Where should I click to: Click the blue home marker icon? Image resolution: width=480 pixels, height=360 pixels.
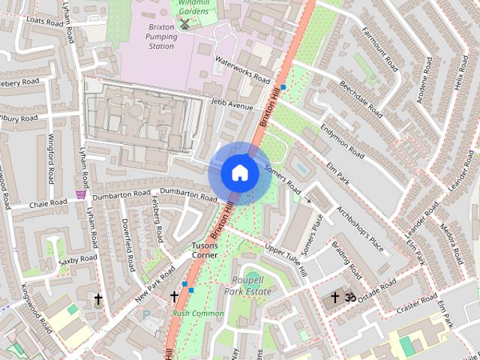click(x=239, y=173)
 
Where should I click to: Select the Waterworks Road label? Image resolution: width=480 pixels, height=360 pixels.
click(x=242, y=68)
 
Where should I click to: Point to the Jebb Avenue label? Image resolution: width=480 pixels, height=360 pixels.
click(x=232, y=105)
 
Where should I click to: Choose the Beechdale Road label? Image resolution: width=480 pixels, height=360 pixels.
click(x=360, y=97)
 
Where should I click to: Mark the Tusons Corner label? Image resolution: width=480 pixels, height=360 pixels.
click(x=205, y=250)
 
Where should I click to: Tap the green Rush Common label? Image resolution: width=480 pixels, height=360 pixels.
click(x=198, y=313)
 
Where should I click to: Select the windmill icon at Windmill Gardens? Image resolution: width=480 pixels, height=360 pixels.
click(x=184, y=24)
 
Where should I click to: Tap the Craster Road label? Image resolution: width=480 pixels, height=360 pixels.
click(x=416, y=303)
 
